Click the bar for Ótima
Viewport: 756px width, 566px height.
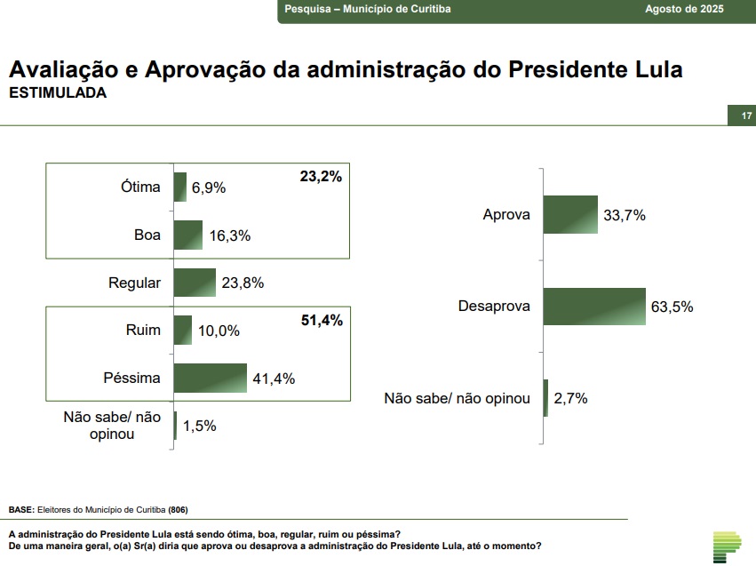pyautogui.click(x=180, y=187)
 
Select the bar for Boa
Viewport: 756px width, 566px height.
pyautogui.click(x=188, y=235)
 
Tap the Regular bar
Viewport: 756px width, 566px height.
pyautogui.click(x=195, y=283)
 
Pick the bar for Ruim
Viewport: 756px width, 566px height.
pyautogui.click(x=183, y=330)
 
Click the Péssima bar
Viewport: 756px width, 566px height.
pyautogui.click(x=210, y=378)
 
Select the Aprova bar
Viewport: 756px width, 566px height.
pyautogui.click(x=570, y=214)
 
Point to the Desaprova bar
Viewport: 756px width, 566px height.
pyautogui.click(x=593, y=307)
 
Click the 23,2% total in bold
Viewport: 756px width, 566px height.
pyautogui.click(x=321, y=177)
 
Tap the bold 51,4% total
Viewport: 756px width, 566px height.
pyautogui.click(x=321, y=320)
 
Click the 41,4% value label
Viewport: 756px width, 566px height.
pyautogui.click(x=274, y=379)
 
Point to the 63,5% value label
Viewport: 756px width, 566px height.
pyautogui.click(x=672, y=307)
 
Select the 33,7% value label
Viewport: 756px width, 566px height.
pyautogui.click(x=624, y=215)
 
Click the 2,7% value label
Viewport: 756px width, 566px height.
pyautogui.click(x=570, y=399)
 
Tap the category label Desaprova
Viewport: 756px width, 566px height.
pyautogui.click(x=494, y=307)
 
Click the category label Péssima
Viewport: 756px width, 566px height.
pyautogui.click(x=131, y=378)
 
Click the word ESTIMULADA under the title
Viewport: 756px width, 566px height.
pyautogui.click(x=57, y=92)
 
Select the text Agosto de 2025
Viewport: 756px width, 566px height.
pyautogui.click(x=684, y=9)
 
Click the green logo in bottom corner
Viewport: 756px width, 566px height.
pyautogui.click(x=727, y=546)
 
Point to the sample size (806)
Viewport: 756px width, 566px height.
pyautogui.click(x=178, y=509)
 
